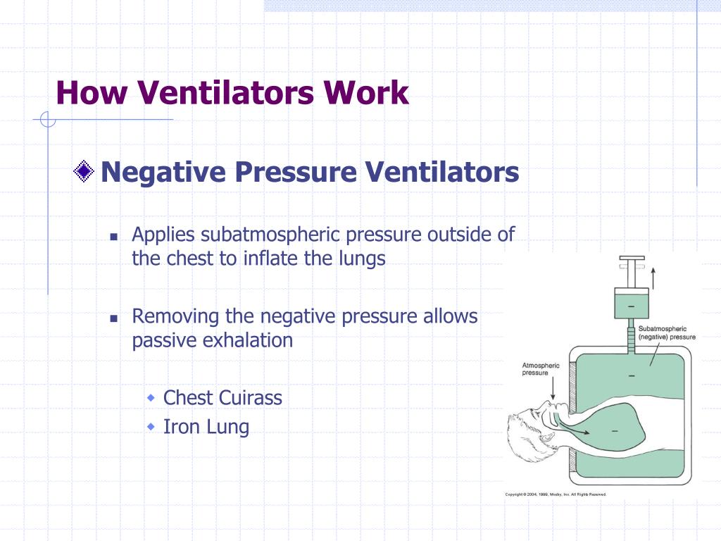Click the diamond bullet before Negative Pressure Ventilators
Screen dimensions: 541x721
(84, 171)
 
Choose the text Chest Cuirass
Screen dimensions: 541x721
(222, 397)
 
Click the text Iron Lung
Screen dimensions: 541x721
(206, 426)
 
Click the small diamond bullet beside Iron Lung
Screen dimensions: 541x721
(151, 427)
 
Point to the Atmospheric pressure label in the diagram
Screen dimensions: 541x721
(541, 369)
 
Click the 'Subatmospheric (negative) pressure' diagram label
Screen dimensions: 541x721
(666, 332)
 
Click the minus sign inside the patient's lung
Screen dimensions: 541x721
(615, 430)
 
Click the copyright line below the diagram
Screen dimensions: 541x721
(556, 494)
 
